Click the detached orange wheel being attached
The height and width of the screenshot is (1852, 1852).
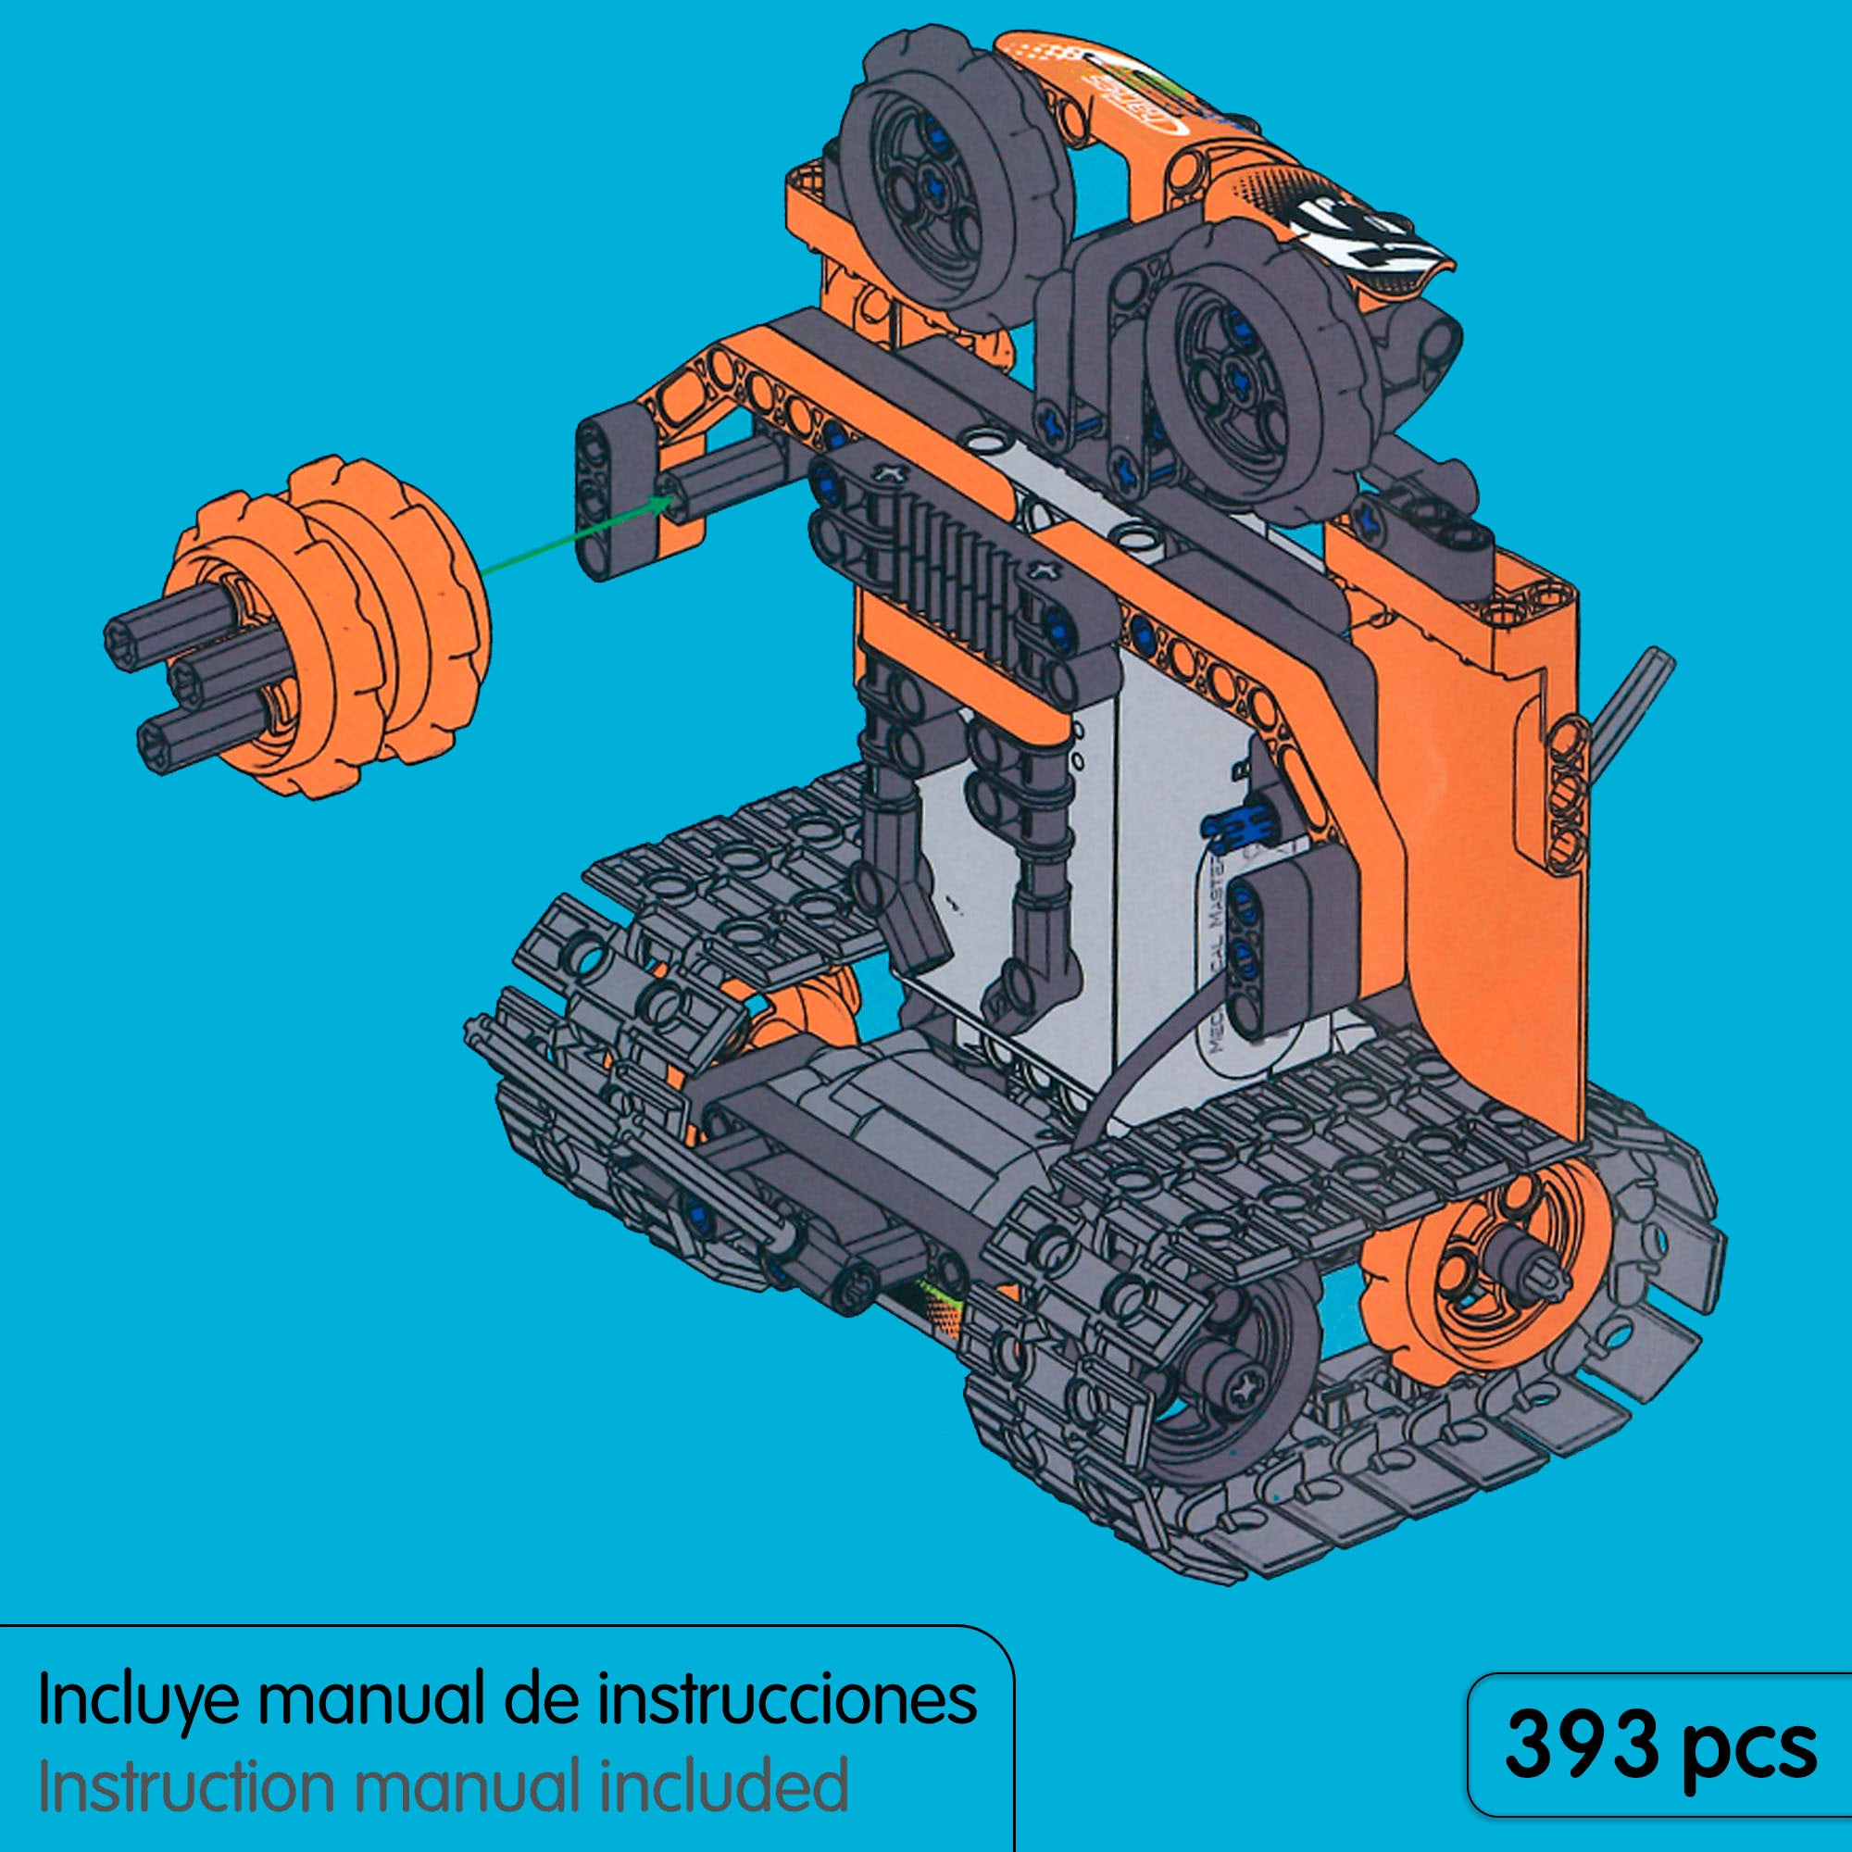(x=326, y=628)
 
